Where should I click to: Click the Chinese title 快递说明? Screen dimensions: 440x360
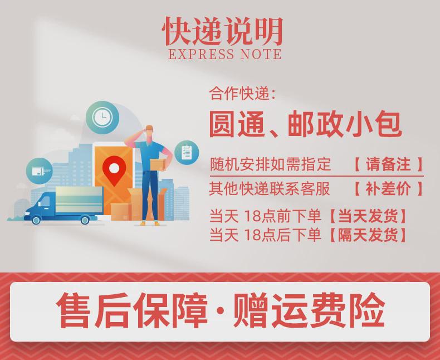tap(222, 31)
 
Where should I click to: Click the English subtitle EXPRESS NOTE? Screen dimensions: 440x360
tap(225, 54)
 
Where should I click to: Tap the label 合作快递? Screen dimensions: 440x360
tap(242, 94)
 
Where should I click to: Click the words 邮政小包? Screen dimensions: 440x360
tap(345, 124)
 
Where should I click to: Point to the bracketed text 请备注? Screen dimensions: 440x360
tap(388, 164)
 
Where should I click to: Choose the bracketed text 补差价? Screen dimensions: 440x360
tap(388, 188)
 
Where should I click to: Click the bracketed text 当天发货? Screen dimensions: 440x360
tap(368, 216)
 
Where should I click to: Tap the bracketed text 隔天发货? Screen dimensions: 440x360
tap(368, 235)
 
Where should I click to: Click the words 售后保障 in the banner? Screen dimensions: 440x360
tap(132, 310)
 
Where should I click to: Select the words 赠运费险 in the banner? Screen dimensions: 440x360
tap(309, 310)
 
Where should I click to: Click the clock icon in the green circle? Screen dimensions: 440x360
tap(102, 118)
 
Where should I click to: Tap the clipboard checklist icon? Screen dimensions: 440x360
tap(187, 153)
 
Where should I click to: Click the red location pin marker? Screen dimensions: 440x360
tap(114, 170)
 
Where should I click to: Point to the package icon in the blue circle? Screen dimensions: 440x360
tap(40, 171)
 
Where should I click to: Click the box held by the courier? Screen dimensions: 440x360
tap(158, 164)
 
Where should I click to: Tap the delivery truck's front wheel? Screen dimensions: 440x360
tap(36, 220)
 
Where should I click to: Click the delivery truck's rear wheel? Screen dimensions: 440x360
tap(85, 220)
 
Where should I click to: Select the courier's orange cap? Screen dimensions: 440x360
tap(149, 128)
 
